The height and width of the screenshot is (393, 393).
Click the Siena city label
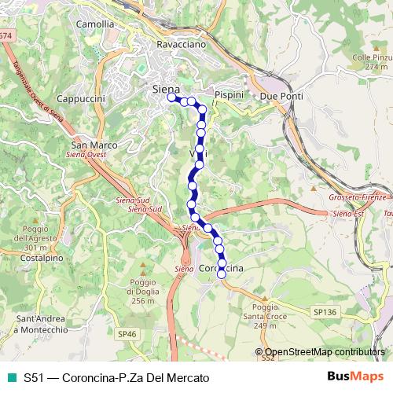[165, 89]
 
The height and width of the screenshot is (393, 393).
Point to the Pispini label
[229, 94]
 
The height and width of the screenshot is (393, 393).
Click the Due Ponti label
[281, 95]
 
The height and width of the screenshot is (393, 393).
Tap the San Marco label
[94, 145]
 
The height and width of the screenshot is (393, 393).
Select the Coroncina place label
[221, 269]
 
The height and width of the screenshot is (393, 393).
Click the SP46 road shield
[127, 334]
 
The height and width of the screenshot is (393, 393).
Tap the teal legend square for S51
[10, 378]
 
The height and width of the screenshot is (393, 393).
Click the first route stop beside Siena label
[171, 98]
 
